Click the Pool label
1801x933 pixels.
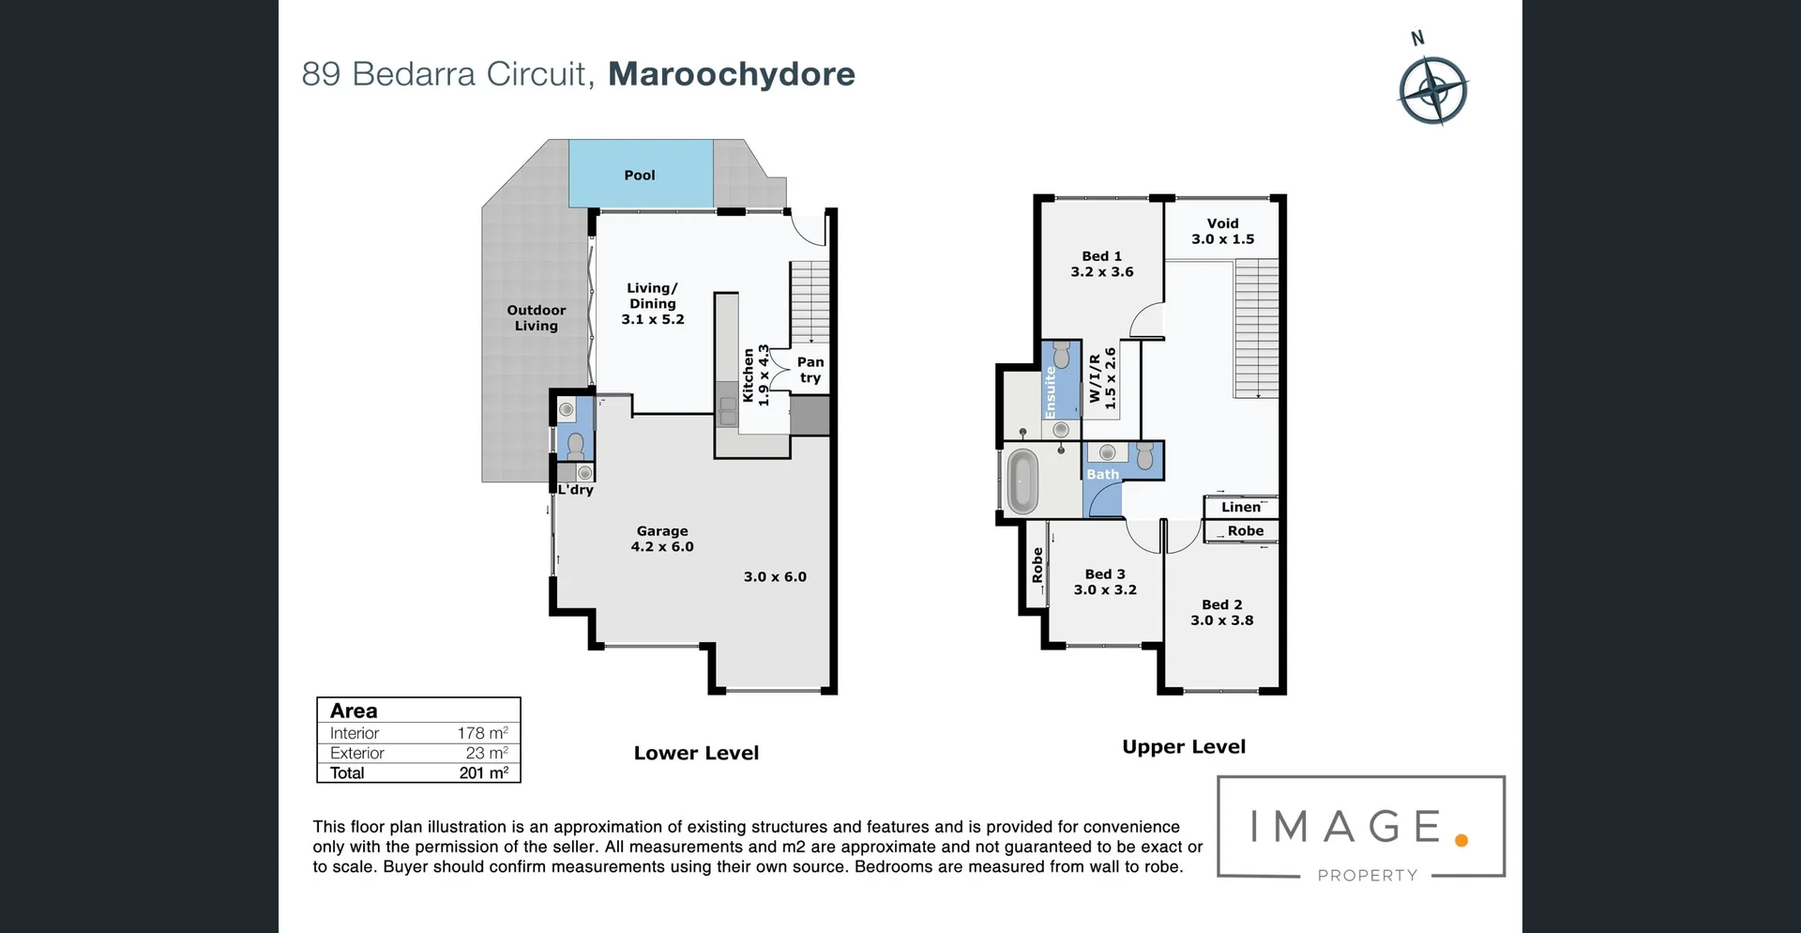[x=639, y=176]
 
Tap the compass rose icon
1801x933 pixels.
[x=1432, y=91]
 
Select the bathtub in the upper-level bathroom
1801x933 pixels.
[x=1021, y=481]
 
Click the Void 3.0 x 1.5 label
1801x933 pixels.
[x=1222, y=231]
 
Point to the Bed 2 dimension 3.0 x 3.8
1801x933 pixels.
[x=1221, y=620]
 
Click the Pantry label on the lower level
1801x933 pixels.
[x=810, y=370]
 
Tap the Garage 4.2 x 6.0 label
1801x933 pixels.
[x=662, y=539]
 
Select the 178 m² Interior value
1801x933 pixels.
[x=482, y=733]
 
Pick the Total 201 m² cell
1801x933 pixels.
[x=483, y=772]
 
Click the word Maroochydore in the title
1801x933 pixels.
[x=731, y=74]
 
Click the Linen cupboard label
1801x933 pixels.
[x=1241, y=507]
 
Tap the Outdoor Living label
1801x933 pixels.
[x=536, y=318]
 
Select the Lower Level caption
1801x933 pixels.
[x=696, y=753]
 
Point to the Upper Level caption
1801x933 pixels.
[x=1184, y=747]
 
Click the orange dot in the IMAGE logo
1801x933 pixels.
[x=1460, y=840]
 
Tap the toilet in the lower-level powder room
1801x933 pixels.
[x=575, y=445]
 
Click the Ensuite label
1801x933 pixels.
[x=1050, y=392]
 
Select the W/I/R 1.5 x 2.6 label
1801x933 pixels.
[x=1102, y=378]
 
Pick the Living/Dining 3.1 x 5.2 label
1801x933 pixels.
[x=653, y=303]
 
